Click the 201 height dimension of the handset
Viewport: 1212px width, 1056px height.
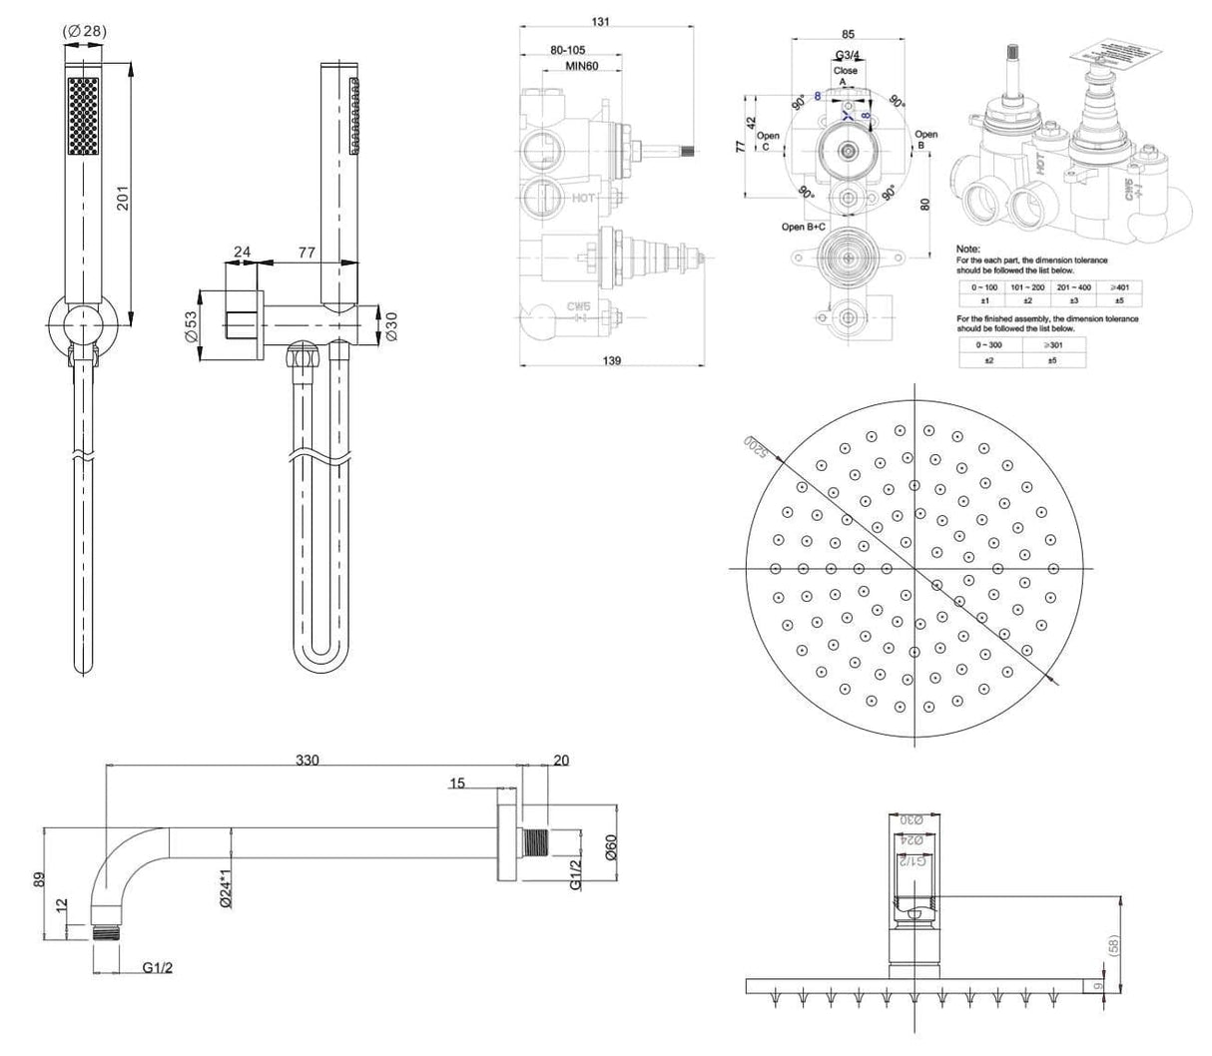click(121, 201)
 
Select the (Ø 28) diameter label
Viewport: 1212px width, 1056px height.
click(84, 31)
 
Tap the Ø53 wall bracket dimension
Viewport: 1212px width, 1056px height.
click(191, 326)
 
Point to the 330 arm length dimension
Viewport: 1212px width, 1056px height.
click(307, 761)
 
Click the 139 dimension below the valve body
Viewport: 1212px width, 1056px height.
click(612, 361)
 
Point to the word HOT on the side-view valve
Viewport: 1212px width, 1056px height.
click(583, 199)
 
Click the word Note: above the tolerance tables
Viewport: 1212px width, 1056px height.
click(967, 249)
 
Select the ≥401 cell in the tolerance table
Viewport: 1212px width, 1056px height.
click(1120, 286)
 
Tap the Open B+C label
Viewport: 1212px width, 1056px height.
click(805, 227)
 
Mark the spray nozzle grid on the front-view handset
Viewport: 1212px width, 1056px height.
click(83, 117)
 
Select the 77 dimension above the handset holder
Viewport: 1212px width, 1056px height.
click(306, 254)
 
